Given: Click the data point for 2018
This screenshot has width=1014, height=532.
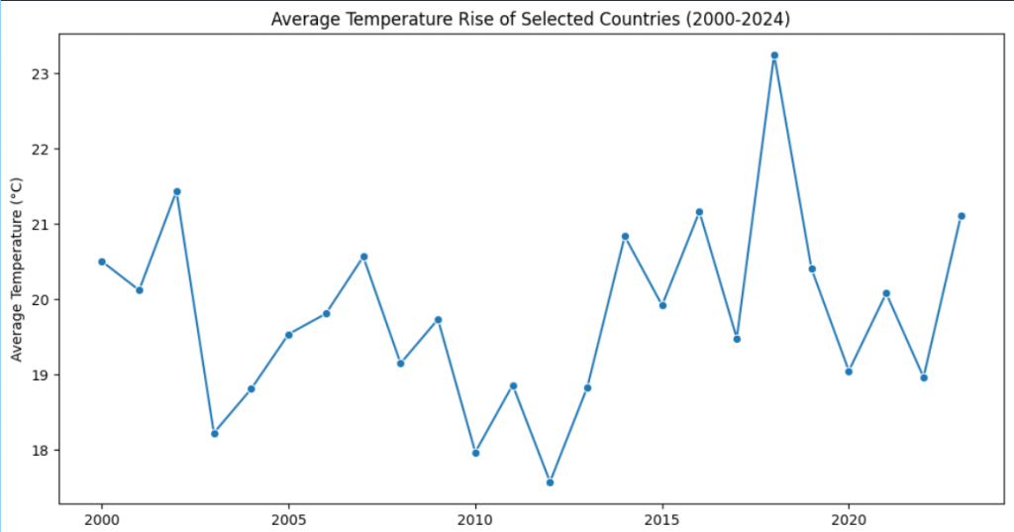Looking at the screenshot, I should [x=774, y=55].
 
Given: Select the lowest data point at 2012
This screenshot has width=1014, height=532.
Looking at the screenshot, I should [x=550, y=482].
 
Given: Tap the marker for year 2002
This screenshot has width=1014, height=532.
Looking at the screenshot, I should [x=176, y=191].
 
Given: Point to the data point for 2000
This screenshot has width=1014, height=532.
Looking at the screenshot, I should [x=102, y=262].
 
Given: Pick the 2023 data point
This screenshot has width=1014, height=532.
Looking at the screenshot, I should [x=961, y=216].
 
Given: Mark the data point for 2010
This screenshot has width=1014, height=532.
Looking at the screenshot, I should [x=475, y=453].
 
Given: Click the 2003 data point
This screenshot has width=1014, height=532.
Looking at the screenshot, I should [x=214, y=433].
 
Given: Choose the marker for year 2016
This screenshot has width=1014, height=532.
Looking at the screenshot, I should [x=699, y=212].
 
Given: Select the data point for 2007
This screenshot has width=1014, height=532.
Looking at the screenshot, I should [x=363, y=257].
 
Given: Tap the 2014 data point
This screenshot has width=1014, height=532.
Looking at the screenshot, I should [x=625, y=236].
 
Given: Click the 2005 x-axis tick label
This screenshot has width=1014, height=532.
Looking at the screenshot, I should [x=288, y=519].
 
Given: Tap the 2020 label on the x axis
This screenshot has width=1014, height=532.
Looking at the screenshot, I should [x=849, y=519].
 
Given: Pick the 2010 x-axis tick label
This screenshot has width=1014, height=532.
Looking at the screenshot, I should [x=475, y=519].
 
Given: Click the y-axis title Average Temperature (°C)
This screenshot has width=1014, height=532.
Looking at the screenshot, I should [x=16, y=269].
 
